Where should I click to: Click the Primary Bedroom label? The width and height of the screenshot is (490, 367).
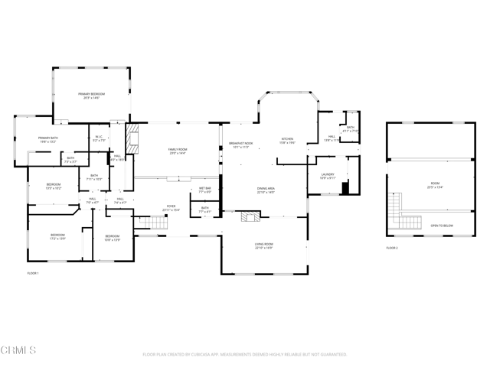click(x=91, y=95)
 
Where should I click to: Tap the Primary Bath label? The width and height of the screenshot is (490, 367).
click(x=48, y=139)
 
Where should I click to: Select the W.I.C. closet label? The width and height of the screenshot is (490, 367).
click(x=99, y=139)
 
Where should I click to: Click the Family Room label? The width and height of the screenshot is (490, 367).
click(x=178, y=151)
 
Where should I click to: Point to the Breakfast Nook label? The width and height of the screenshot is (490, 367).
click(x=240, y=145)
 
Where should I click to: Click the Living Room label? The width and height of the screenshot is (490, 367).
click(x=264, y=245)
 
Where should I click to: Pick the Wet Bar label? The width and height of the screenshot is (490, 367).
click(x=205, y=190)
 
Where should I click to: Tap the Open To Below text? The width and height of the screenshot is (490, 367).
click(x=441, y=226)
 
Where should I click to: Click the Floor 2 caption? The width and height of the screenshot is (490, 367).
click(x=392, y=248)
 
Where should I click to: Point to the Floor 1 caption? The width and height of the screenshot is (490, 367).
click(x=33, y=273)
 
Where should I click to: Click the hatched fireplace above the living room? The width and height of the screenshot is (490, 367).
click(x=250, y=217)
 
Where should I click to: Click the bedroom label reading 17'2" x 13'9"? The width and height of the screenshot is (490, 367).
click(x=57, y=236)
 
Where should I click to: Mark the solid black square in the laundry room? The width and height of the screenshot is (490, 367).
click(x=345, y=187)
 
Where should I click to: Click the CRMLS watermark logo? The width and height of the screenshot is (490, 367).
click(x=18, y=351)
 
